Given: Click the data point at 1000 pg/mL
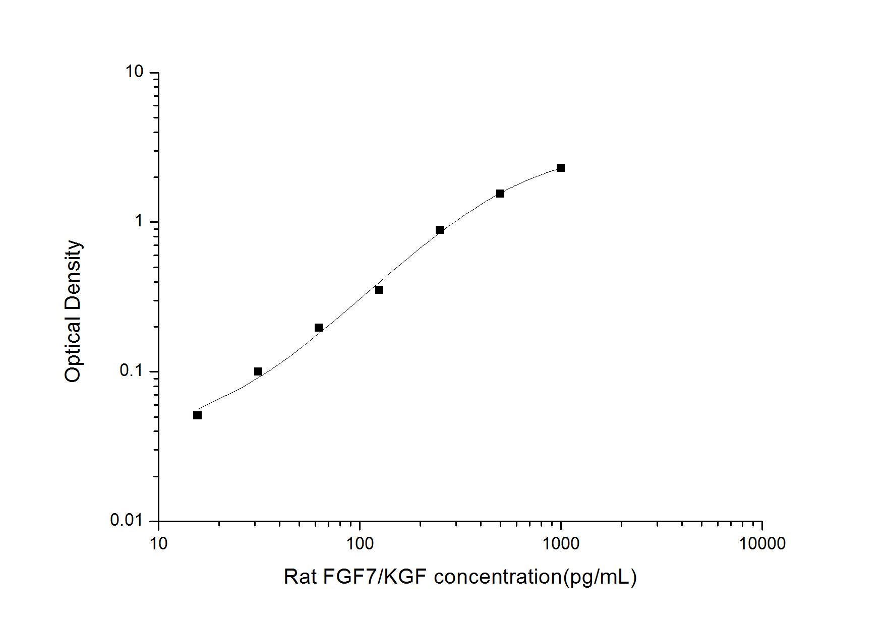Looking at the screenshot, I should (x=560, y=168).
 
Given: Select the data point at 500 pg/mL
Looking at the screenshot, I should (x=500, y=194).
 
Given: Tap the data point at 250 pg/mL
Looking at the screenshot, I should (x=439, y=230).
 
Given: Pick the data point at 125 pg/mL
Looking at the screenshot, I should (x=379, y=290).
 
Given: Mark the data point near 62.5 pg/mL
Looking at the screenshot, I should (x=318, y=328).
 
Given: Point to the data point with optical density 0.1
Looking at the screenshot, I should (x=258, y=371).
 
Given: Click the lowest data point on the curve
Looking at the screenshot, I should (x=197, y=415).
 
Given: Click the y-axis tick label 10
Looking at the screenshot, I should (x=134, y=72).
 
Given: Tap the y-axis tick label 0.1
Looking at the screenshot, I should (x=132, y=371).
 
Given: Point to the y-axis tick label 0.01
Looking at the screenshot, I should (x=127, y=520).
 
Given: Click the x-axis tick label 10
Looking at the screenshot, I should (x=158, y=543).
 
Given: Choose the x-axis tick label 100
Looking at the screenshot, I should (x=360, y=543).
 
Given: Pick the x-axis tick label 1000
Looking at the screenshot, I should (x=561, y=543).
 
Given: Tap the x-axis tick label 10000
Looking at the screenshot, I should (x=761, y=543).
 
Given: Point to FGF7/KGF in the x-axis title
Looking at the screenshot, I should (x=373, y=577).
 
